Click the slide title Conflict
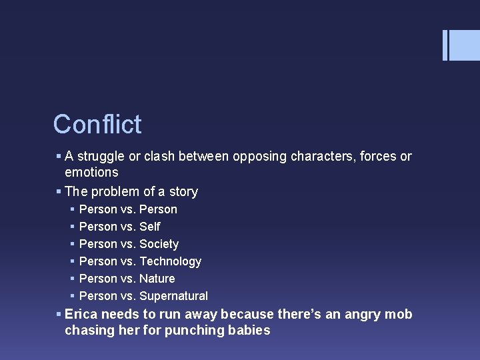click(x=97, y=125)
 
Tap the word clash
click(x=157, y=157)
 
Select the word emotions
click(x=91, y=172)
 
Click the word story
click(x=183, y=192)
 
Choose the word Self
click(x=150, y=227)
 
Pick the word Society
click(x=159, y=244)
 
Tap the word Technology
click(x=170, y=261)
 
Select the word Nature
click(x=157, y=279)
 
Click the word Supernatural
click(x=173, y=296)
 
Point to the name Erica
click(x=81, y=315)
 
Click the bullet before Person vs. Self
click(x=72, y=227)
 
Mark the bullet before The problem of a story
click(x=59, y=192)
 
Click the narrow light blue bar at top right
click(x=445, y=45)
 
